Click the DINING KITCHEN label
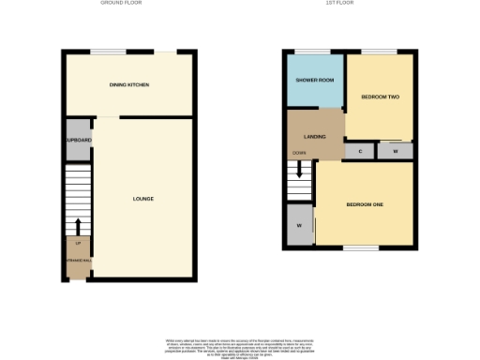tap(129, 85)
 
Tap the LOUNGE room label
tap(142, 199)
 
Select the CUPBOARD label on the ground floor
tap(79, 140)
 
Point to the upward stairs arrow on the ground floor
tap(78, 226)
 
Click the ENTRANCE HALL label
tap(78, 260)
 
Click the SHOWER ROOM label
tap(315, 80)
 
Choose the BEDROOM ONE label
tap(364, 204)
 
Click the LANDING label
tap(315, 137)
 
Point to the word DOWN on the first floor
tap(298, 152)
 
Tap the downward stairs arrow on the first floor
tap(299, 170)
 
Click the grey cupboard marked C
tap(361, 150)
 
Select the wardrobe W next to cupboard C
tap(396, 150)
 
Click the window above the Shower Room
tap(307, 51)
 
